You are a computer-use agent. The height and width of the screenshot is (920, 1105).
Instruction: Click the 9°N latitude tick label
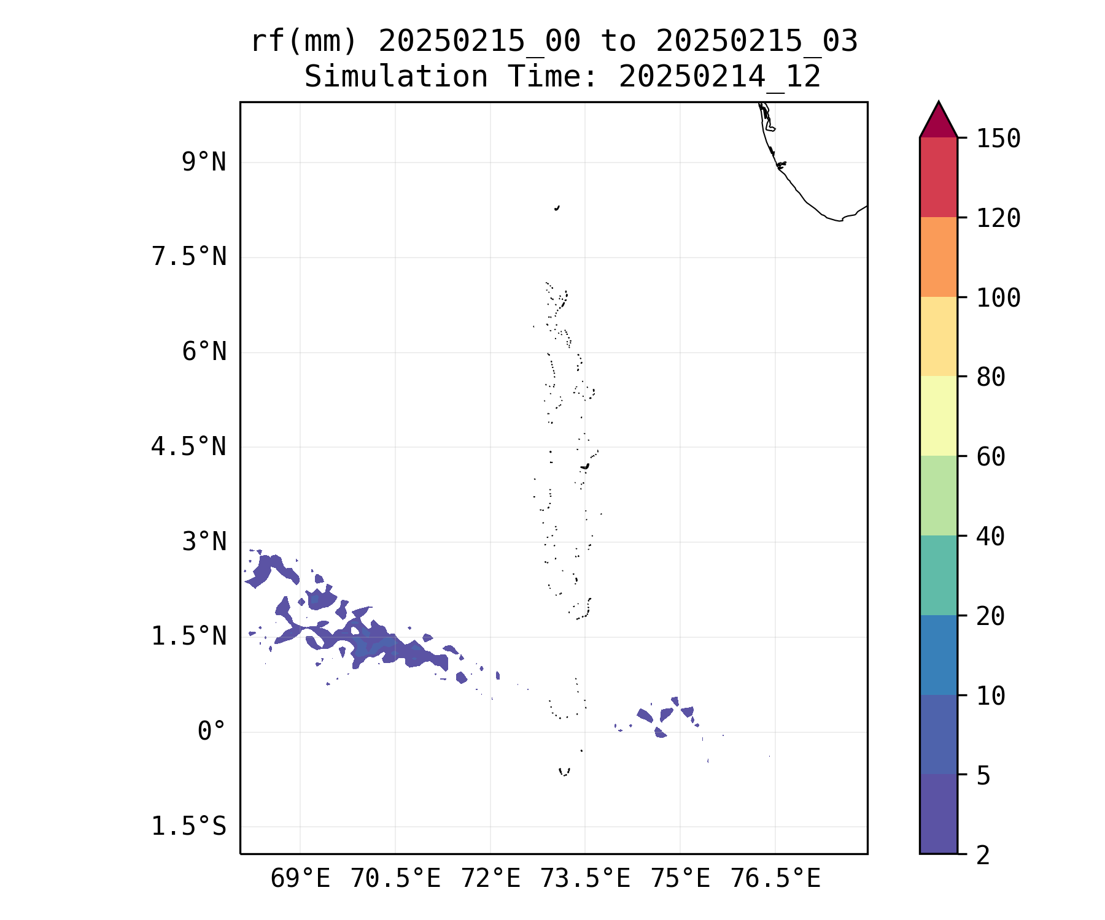pos(204,163)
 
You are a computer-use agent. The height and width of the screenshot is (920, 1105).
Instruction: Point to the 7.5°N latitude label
pos(188,257)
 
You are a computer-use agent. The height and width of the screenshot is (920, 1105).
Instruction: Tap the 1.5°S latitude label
pos(188,827)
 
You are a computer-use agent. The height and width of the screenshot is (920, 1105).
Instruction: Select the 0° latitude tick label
pos(211,732)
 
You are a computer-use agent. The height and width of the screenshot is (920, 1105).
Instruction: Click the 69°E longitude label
pos(300,879)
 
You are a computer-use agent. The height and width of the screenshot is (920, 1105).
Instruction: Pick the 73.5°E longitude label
pos(585,879)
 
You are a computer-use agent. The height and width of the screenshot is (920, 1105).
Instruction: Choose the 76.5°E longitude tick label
pos(775,879)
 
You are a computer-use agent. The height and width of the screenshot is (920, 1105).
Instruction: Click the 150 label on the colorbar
pos(998,139)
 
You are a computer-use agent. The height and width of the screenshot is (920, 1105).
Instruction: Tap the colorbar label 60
pos(991,456)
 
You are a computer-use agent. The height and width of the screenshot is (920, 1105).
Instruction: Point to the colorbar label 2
pos(983,855)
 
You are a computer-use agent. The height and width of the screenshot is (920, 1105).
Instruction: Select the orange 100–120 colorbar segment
pos(938,257)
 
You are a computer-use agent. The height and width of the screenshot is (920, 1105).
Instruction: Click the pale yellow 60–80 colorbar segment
pos(938,416)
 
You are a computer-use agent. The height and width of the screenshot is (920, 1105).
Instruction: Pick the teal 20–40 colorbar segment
pos(938,575)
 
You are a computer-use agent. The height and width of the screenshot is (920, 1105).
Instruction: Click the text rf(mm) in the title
pos(304,42)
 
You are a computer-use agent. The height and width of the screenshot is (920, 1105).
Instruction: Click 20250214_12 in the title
pos(719,77)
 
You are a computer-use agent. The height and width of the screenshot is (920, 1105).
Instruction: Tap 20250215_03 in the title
pos(756,42)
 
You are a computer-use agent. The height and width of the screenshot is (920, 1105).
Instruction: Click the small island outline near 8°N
pos(557,208)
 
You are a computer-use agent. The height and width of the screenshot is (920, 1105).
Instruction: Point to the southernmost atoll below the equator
pos(564,772)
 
